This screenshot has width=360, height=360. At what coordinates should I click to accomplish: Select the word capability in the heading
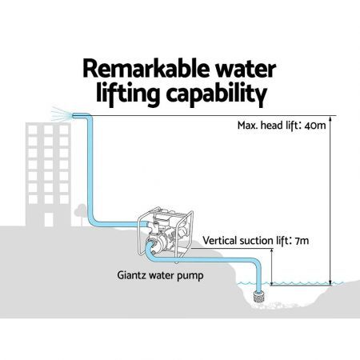[x=217, y=94]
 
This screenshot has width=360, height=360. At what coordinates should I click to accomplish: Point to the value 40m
[x=315, y=125]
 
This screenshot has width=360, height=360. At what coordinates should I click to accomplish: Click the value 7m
[x=302, y=241]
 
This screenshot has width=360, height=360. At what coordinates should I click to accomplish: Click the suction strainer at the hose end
[x=258, y=297]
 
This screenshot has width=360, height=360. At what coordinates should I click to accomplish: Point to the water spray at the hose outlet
[x=62, y=114]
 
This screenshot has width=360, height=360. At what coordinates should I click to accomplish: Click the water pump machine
[x=165, y=235]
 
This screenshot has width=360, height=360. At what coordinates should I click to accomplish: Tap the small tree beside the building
[x=80, y=214]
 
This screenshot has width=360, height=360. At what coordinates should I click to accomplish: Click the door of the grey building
[x=49, y=220]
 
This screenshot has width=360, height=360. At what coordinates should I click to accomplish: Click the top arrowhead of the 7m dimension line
[x=272, y=252]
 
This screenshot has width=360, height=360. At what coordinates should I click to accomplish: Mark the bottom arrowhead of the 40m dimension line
[x=330, y=282]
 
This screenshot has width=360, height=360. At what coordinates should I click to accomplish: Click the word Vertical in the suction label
[x=219, y=241]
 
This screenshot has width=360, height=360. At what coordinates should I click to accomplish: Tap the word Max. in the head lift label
[x=248, y=125]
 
